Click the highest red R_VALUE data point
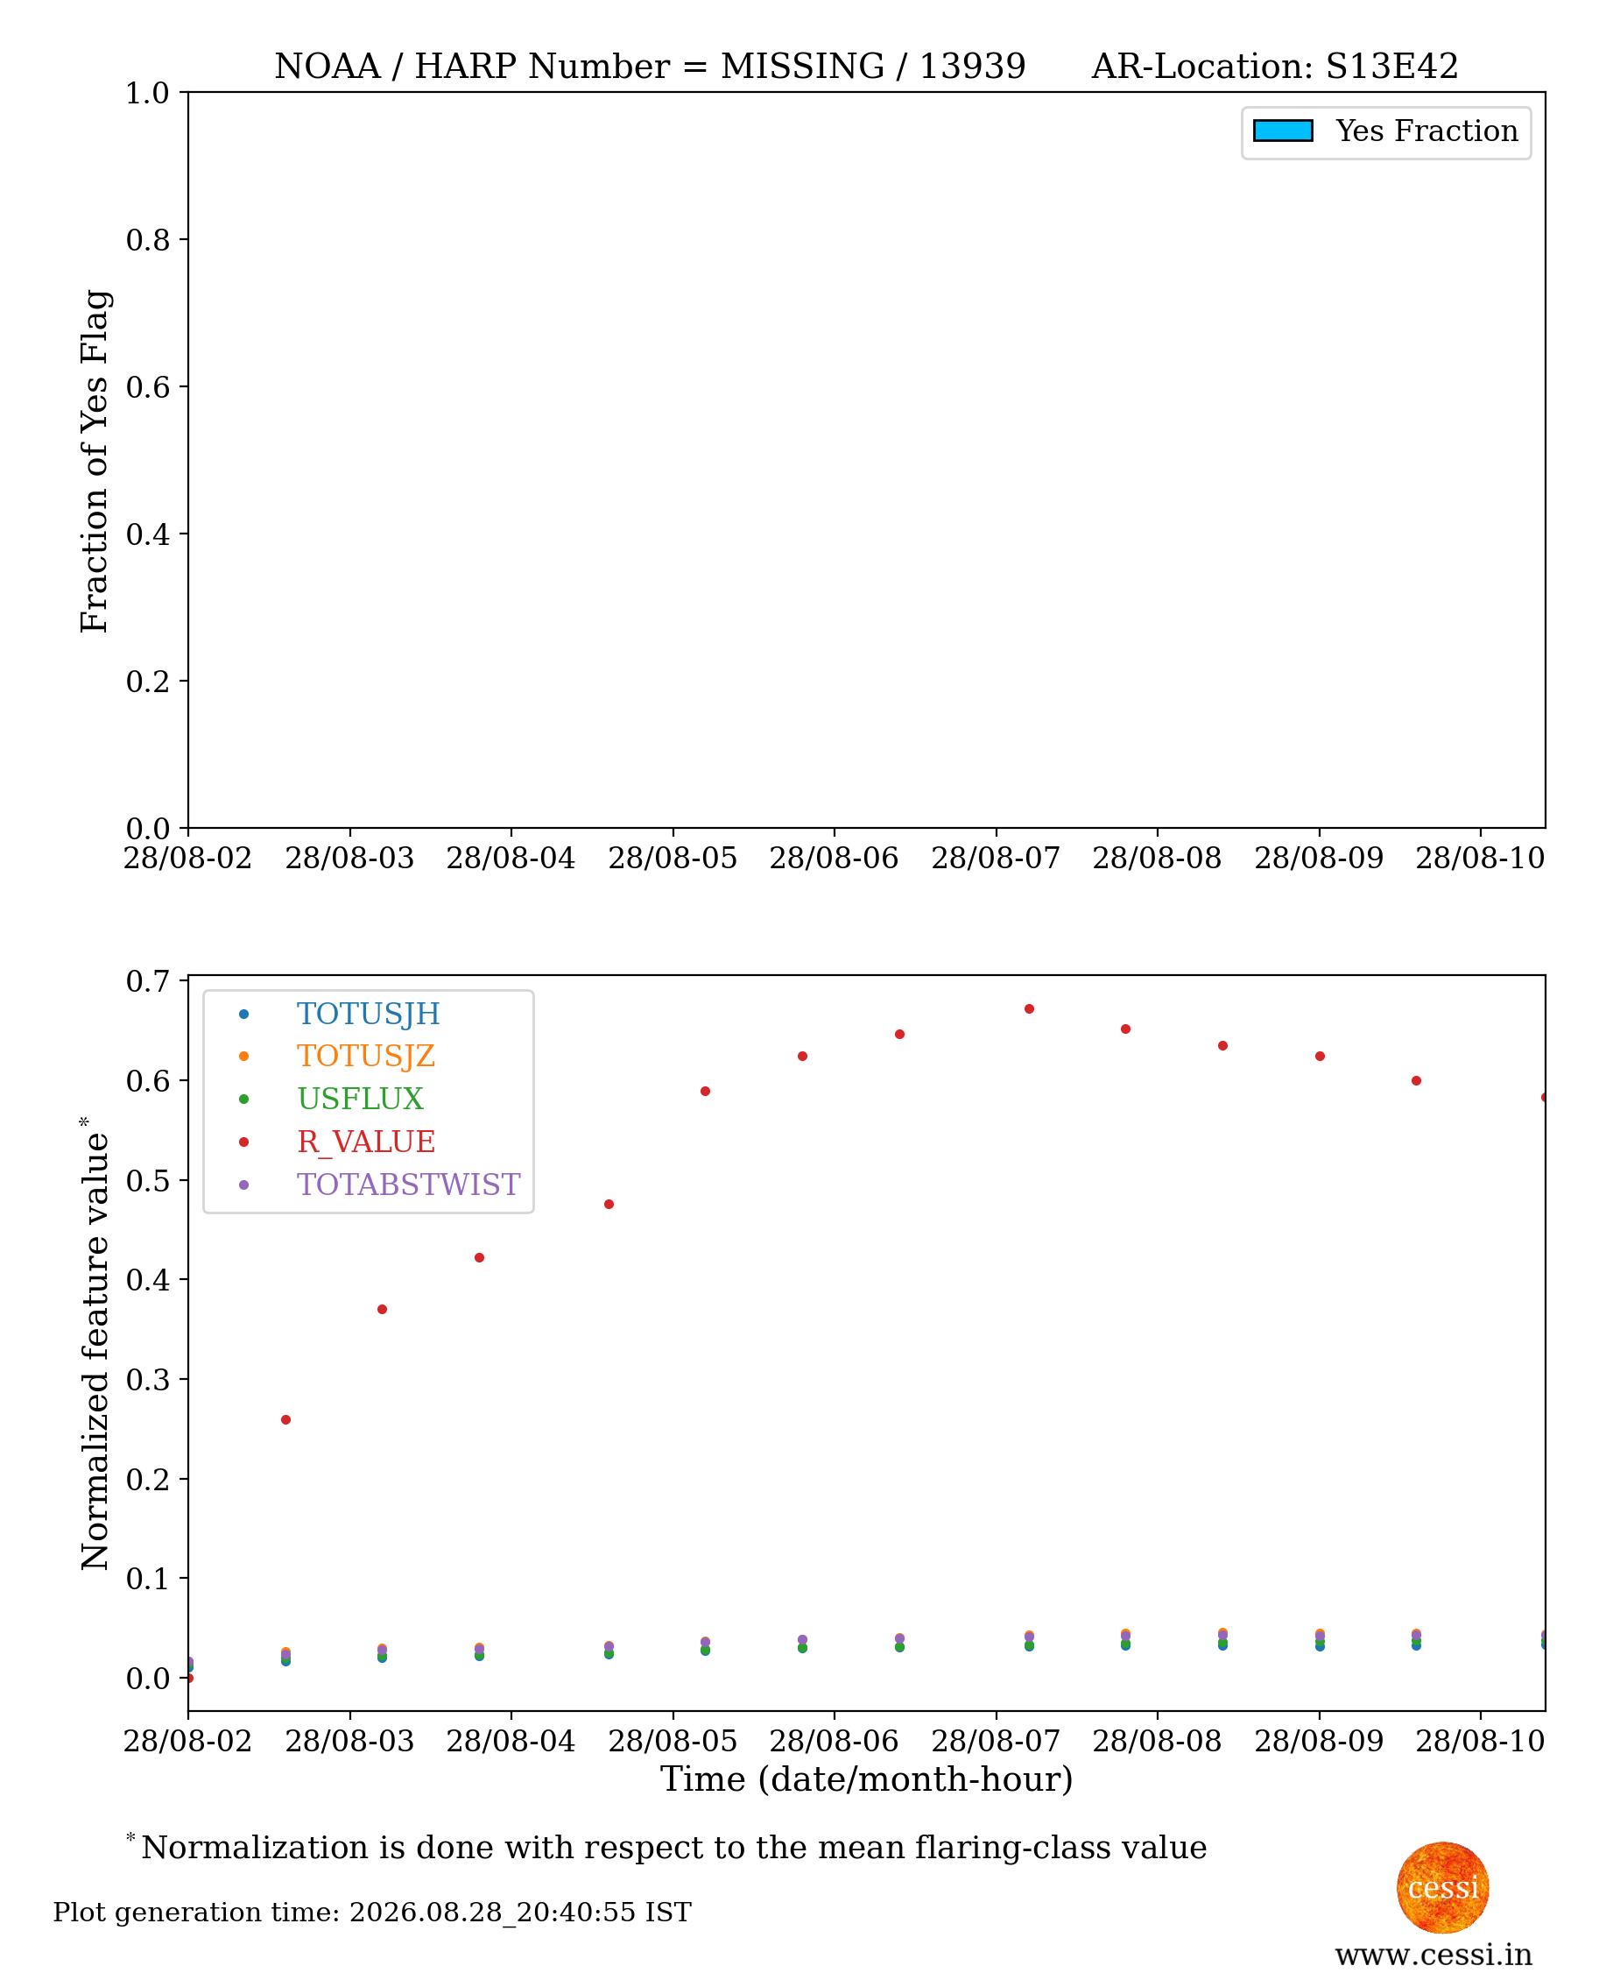pos(1029,1009)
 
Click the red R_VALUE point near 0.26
pos(285,1420)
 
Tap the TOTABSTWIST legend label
pos(408,1184)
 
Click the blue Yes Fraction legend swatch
pos(1282,131)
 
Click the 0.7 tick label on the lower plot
pos(147,981)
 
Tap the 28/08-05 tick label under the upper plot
pos(673,858)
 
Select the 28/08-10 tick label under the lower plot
pos(1480,1742)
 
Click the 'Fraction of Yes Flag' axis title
pos(95,461)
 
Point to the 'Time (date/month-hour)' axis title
pos(867,1778)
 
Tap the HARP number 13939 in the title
pos(972,67)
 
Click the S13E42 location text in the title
pos(1391,67)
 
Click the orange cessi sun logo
pos(1442,1888)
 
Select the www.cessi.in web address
pos(1433,1955)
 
